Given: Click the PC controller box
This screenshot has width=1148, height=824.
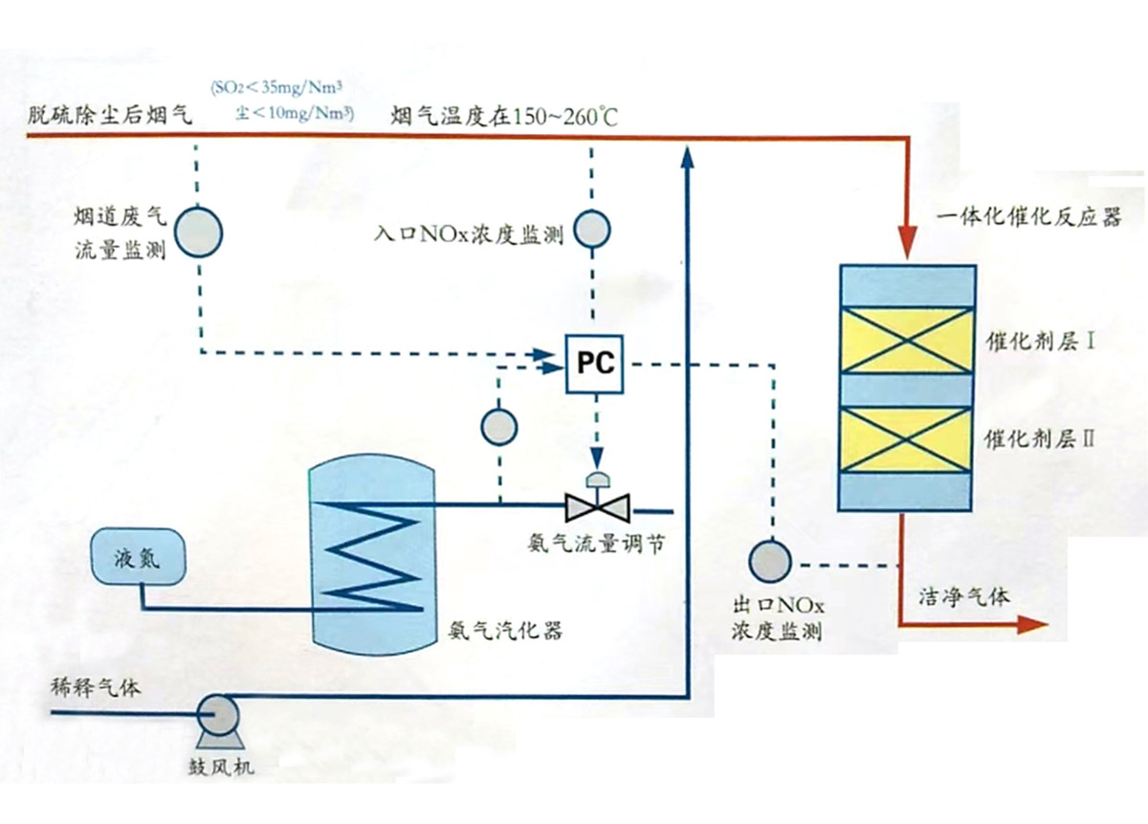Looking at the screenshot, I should tap(594, 364).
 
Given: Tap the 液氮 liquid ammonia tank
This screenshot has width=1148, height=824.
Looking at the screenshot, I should tap(137, 556).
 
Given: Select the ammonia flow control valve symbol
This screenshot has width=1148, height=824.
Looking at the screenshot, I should tap(594, 503).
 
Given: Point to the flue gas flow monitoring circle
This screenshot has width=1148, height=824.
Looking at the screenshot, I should tap(200, 232).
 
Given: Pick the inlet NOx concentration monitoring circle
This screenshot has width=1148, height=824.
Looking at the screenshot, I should tap(593, 230).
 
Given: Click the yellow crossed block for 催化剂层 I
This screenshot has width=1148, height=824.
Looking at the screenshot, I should tap(907, 342).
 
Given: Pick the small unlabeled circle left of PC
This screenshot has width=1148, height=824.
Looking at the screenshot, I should tap(498, 427).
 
